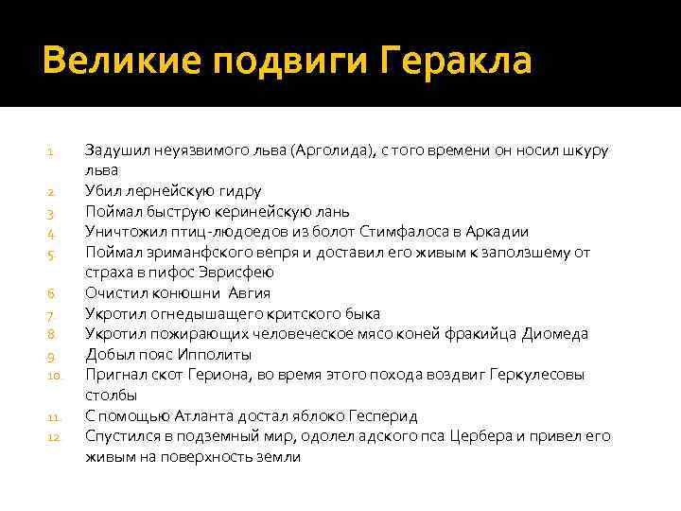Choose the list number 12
pos(54,436)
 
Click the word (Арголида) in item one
pos(332,150)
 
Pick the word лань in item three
pos(331,211)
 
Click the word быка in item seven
pos(362,313)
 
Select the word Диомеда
pos(554,334)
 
